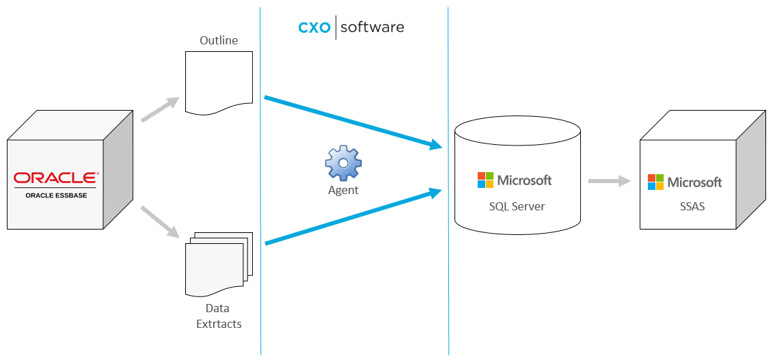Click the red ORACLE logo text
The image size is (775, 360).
pyautogui.click(x=55, y=178)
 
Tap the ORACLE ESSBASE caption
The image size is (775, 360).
pyautogui.click(x=55, y=195)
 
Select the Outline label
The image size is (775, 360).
pyautogui.click(x=219, y=40)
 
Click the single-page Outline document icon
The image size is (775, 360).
pyautogui.click(x=219, y=81)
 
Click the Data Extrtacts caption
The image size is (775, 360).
pyautogui.click(x=219, y=316)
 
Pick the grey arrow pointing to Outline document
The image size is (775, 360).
pyautogui.click(x=160, y=109)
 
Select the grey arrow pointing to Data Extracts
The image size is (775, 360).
pyautogui.click(x=160, y=221)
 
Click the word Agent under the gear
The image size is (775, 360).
pyautogui.click(x=343, y=190)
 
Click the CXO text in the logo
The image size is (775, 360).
pyautogui.click(x=314, y=28)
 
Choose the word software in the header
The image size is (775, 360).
pyautogui.click(x=372, y=27)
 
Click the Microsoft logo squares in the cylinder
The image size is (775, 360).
pyautogui.click(x=485, y=180)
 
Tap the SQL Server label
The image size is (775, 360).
pyautogui.click(x=517, y=206)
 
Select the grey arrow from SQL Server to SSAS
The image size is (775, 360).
pyautogui.click(x=609, y=181)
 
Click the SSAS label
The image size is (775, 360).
pyautogui.click(x=688, y=206)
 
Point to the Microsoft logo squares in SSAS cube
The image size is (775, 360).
pyautogui.click(x=655, y=182)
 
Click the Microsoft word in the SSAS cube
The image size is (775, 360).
pyautogui.click(x=694, y=182)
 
